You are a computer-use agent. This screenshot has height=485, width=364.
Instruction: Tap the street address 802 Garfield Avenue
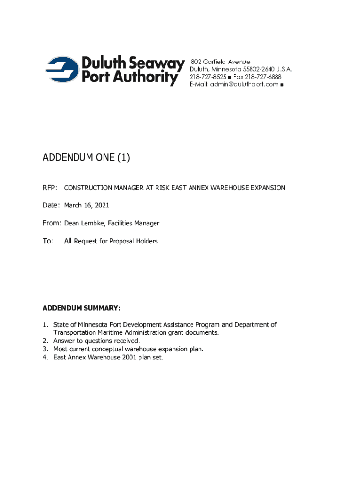221,62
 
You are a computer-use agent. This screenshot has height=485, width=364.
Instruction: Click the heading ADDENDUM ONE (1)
86,158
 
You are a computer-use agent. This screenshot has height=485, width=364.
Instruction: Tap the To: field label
48,241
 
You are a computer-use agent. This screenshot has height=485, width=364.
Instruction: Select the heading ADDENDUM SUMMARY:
82,308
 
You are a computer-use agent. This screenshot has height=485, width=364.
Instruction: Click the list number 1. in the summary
46,325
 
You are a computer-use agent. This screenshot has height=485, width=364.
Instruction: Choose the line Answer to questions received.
97,341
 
